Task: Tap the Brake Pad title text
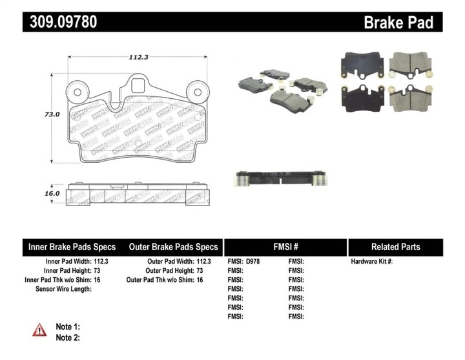398,23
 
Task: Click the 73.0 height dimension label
52,114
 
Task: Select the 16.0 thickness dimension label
52,193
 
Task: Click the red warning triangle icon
40,330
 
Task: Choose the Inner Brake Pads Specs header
72,247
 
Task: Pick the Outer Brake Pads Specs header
173,247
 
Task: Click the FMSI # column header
285,247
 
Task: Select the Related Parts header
395,247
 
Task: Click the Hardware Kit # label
372,262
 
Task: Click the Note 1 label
68,327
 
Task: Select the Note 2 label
68,337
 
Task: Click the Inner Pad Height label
71,271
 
